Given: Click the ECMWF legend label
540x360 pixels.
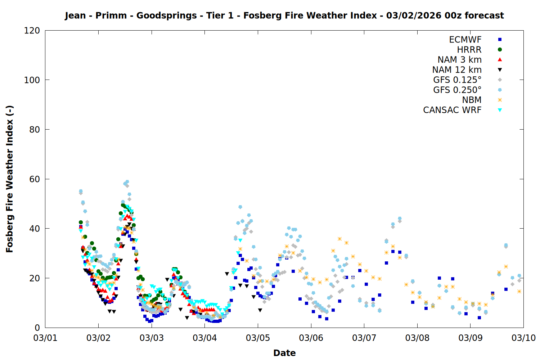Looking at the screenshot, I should pos(465,40).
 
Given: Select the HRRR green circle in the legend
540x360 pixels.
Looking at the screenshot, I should pos(500,50).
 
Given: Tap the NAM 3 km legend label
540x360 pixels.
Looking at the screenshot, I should pos(459,60).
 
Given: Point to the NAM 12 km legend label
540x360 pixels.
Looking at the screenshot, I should pos(457,70).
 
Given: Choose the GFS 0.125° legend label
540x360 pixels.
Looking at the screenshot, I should pos(457,80).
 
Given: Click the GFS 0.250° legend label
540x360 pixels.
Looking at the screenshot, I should pos(457,90).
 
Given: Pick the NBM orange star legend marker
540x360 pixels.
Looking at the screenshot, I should pos(500,100).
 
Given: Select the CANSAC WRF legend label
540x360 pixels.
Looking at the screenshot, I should pos(452,110).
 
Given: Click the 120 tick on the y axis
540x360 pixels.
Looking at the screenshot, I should pos(32,31).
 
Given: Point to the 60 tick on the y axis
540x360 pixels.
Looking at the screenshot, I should pos(35,179).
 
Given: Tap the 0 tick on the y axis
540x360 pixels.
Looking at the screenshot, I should pos(37,328).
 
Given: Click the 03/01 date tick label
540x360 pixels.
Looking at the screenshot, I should pos(45,338).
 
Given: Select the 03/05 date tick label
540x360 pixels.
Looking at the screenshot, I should pos(258,338).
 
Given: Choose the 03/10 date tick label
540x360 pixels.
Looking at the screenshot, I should pos(523,338).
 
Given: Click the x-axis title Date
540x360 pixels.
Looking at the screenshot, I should pos(284,353).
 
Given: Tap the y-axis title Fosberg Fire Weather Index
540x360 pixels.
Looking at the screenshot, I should pos(9,179).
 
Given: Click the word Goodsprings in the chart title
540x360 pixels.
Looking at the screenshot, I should pos(167,15).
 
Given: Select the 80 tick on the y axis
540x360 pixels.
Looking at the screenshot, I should pos(35,130).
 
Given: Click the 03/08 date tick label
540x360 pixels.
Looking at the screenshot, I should pos(417,338).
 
